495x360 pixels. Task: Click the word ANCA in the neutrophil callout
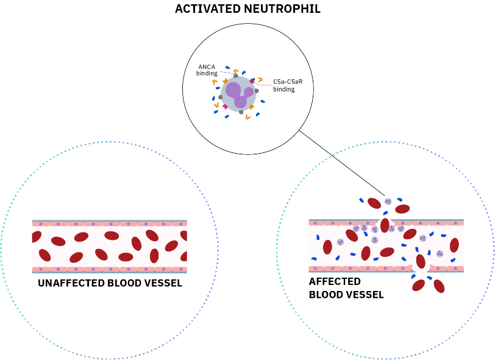point(207,67)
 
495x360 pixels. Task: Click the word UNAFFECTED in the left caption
point(71,283)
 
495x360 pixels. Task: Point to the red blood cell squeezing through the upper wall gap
point(385,225)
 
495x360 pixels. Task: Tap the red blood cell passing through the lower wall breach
point(421,261)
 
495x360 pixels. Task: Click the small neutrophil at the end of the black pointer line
point(388,201)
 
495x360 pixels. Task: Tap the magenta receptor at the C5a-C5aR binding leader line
point(252,81)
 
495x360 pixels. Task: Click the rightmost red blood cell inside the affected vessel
point(454,245)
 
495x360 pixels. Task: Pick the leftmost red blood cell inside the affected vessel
point(327,247)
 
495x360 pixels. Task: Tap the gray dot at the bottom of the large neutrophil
point(241,112)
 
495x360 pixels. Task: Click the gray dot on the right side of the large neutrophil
point(257,91)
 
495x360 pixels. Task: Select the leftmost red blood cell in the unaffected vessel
point(36,237)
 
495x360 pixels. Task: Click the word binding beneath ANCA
point(207,74)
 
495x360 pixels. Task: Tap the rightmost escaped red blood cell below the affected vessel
point(439,286)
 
